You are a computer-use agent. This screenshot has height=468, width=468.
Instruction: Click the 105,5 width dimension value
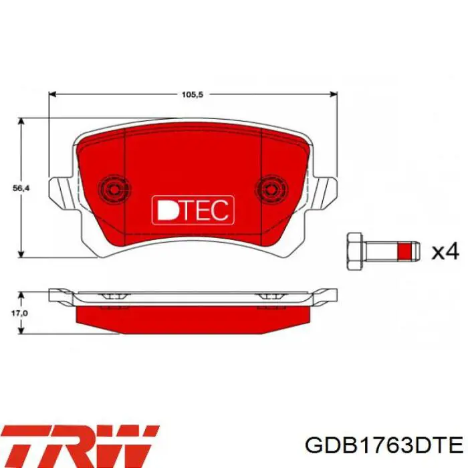click(193, 95)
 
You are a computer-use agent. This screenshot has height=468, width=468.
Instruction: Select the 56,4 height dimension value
click(21, 188)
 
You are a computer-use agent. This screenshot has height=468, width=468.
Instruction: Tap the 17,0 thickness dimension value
click(19, 313)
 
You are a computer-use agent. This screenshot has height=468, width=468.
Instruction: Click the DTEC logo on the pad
click(193, 210)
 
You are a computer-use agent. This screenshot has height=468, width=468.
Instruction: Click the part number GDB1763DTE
click(384, 446)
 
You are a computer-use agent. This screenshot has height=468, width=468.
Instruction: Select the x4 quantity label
click(445, 251)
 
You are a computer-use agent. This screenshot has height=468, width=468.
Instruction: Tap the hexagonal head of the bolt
click(354, 251)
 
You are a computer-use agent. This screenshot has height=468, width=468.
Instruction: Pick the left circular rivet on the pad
click(114, 189)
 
